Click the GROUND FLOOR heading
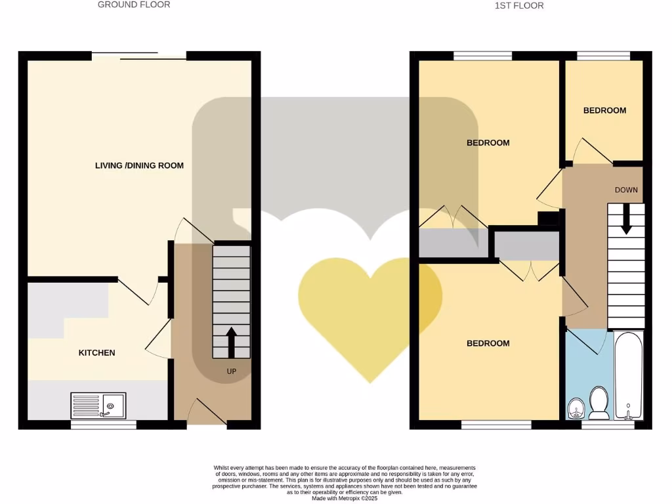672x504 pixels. coord(134,5)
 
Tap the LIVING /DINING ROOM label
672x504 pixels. coord(139,165)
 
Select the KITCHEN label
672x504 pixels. coord(96,352)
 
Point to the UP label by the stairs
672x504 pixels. coord(231,371)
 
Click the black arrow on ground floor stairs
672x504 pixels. coord(231,342)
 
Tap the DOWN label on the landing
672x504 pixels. coord(626,190)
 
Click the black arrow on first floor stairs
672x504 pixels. coord(626,219)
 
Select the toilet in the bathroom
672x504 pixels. coord(598,402)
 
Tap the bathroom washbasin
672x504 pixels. coord(576,408)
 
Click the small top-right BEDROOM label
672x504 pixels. coord(604,110)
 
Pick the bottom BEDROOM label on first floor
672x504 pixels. coord(488,343)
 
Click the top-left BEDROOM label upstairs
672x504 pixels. coord(488,142)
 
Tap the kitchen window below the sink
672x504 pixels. coord(104,425)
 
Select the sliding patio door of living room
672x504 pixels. coord(139,56)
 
